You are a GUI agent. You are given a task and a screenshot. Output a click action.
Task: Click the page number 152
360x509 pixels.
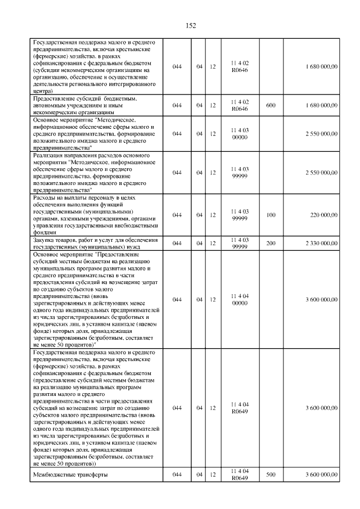[190, 25]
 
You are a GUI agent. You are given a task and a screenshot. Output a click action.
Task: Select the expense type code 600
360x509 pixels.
[271, 105]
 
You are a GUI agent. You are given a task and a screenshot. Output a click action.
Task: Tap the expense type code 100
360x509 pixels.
[271, 215]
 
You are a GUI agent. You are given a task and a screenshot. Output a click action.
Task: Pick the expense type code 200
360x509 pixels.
[271, 243]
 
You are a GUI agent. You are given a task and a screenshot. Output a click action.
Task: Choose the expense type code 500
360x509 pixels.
[271, 475]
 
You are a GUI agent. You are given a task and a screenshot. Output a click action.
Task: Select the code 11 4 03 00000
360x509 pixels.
[240, 133]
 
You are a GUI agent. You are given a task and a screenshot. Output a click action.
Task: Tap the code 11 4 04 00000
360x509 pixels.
[240, 299]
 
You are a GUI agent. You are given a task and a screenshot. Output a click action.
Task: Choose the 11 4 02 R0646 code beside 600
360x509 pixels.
[240, 105]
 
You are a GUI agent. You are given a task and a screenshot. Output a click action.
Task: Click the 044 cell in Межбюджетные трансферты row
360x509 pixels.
[177, 475]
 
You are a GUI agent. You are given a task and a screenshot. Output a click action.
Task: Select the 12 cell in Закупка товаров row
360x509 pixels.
[213, 243]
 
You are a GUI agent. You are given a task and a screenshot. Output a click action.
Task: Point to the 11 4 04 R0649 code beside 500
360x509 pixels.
[240, 475]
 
